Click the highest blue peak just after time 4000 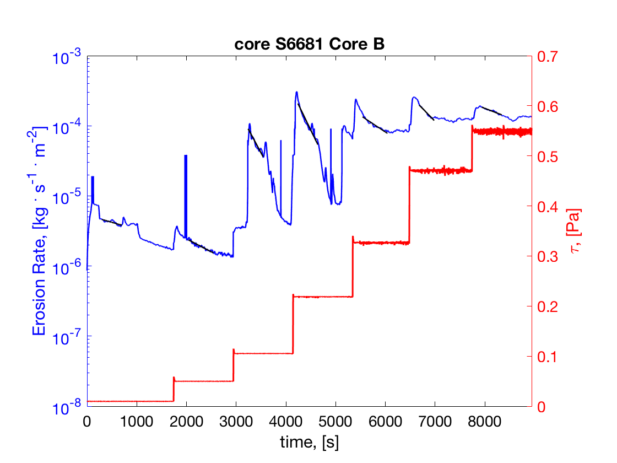pyautogui.click(x=296, y=93)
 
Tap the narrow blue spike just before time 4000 pyautogui.click(x=281, y=176)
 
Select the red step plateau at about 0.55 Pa pyautogui.click(x=501, y=131)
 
